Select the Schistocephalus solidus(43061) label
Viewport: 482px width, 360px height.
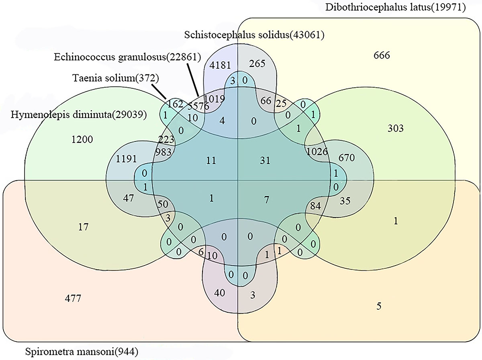tap(254, 35)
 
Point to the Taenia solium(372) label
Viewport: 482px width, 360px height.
tap(106, 77)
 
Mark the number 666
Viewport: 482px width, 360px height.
tap(381, 55)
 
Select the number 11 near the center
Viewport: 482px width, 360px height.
tap(211, 160)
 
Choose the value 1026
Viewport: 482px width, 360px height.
tap(317, 152)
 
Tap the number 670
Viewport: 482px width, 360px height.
tap(346, 158)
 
